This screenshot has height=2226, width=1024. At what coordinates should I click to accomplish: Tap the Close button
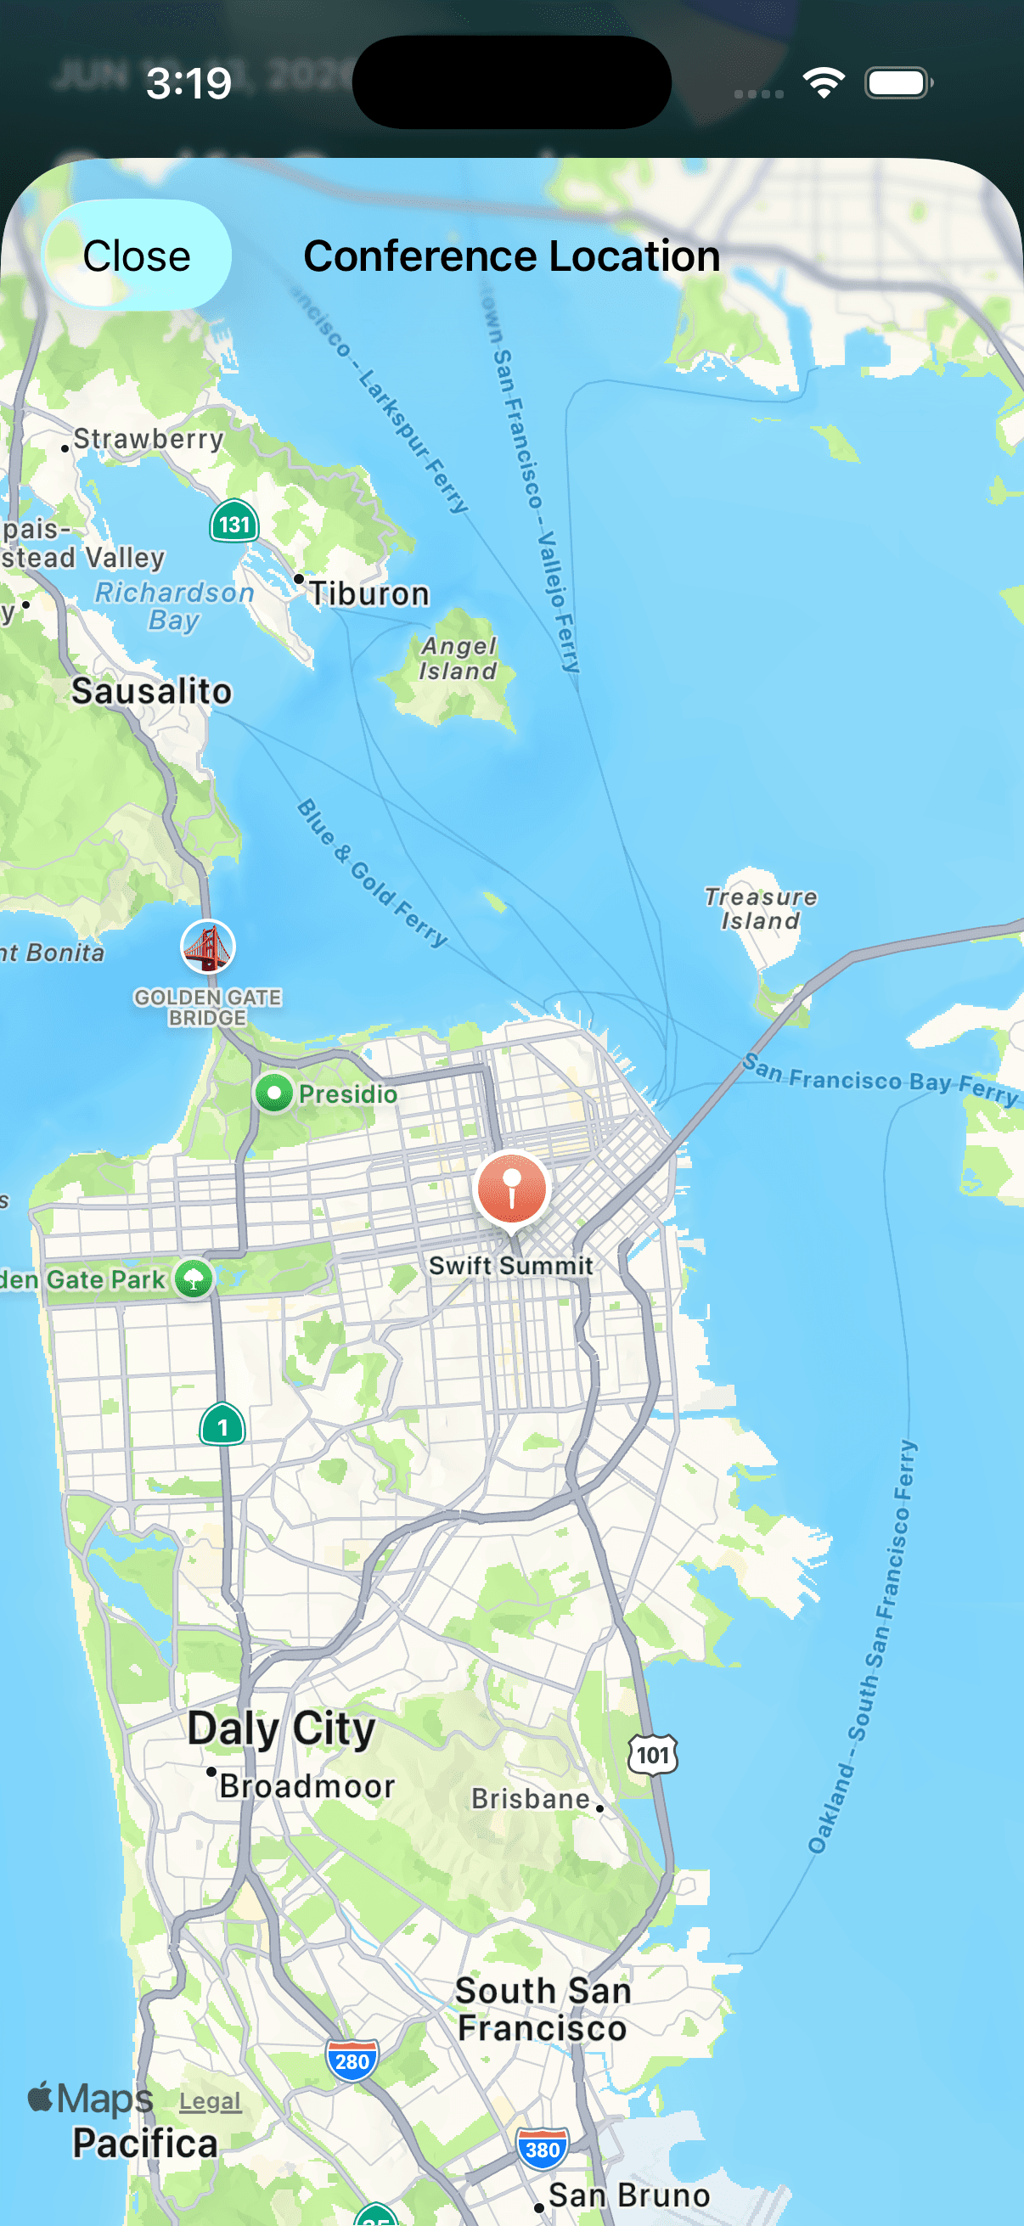coord(137,256)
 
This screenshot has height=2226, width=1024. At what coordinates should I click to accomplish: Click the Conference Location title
coord(511,256)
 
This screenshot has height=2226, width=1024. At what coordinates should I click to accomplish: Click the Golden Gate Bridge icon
coord(207,947)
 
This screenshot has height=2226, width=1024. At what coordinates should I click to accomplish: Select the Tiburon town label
coord(369,593)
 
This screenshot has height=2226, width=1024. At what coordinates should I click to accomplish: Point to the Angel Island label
coord(458,659)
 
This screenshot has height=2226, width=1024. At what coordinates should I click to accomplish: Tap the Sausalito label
coord(151,691)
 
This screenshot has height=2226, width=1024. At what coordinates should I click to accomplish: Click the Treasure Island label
coord(761,909)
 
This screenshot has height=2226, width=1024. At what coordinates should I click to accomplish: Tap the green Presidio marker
coord(274,1093)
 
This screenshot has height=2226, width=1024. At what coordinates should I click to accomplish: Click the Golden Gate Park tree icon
coord(194,1279)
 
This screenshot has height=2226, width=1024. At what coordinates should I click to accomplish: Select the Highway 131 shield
coord(234,523)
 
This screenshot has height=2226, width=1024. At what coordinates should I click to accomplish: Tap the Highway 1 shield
coord(222,1425)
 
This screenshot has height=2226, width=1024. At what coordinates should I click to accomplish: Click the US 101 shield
coord(652,1754)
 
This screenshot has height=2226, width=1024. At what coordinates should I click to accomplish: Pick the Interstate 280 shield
coord(352,2061)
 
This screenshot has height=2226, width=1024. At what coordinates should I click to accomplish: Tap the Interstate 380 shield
coord(542,2149)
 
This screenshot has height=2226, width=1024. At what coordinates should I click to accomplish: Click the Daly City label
coord(282,1729)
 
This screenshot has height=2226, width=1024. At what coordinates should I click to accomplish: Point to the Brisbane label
coord(531,1799)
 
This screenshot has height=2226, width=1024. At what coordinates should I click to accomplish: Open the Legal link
coord(210,2101)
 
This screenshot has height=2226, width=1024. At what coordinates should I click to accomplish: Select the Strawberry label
coord(148,439)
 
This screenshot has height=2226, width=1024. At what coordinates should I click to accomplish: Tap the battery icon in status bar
coord(897,84)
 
